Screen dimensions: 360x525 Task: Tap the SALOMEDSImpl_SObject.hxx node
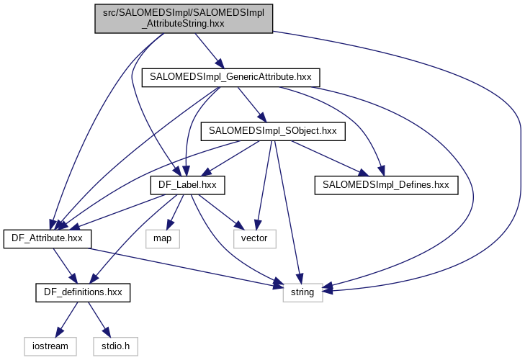(x=273, y=131)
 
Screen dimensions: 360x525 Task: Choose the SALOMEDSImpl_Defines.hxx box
(x=386, y=185)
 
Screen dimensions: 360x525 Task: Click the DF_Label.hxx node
(x=187, y=185)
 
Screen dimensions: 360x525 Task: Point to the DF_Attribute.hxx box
(x=48, y=238)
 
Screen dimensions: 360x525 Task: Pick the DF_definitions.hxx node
(x=83, y=292)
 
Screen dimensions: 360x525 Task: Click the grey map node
(x=162, y=238)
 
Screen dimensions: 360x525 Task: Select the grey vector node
(x=254, y=238)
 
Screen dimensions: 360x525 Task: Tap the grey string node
(x=302, y=292)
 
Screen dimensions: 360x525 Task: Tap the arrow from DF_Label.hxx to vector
(x=220, y=212)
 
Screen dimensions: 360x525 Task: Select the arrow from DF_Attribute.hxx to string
(x=180, y=267)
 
